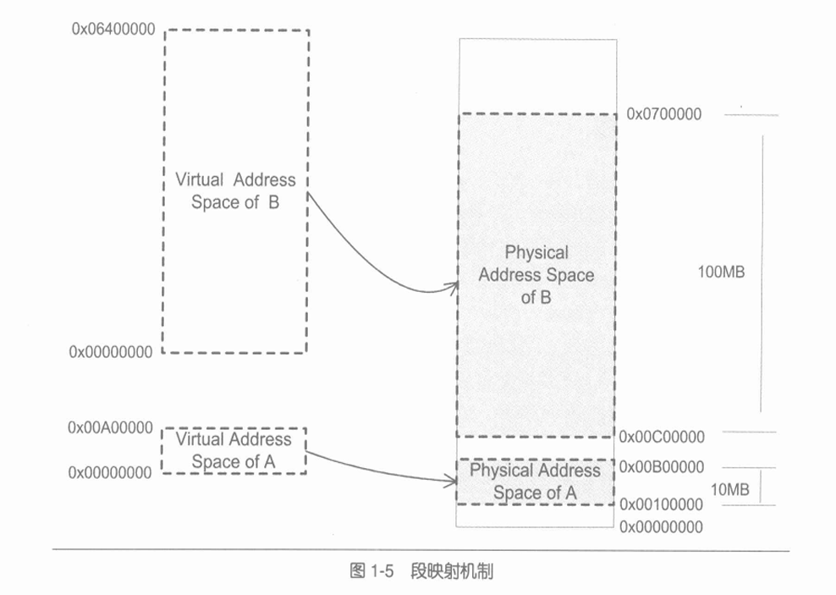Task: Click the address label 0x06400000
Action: (x=112, y=29)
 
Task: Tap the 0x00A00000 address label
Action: (x=112, y=427)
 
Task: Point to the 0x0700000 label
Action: (x=663, y=114)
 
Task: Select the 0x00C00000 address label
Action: (x=662, y=437)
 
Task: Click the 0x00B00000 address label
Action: (x=662, y=466)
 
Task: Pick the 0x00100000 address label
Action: (x=662, y=504)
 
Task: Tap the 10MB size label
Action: (x=730, y=490)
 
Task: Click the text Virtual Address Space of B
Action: (x=235, y=191)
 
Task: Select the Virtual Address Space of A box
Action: (x=234, y=450)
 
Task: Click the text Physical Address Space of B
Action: (x=536, y=275)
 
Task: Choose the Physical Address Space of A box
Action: (x=535, y=482)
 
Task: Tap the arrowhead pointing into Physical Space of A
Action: (x=452, y=482)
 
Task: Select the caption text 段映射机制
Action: (x=453, y=571)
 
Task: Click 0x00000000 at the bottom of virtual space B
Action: (x=112, y=352)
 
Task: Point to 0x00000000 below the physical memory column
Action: (x=662, y=527)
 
